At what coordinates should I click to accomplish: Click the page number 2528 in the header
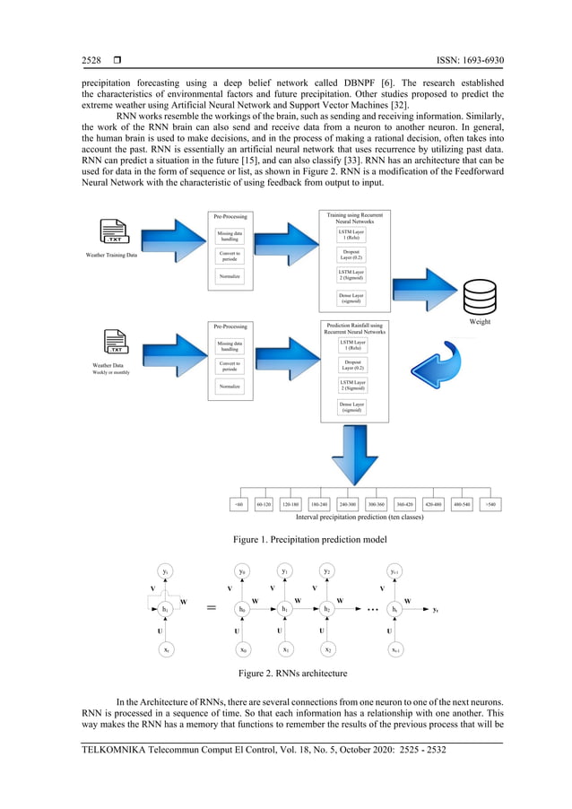click(x=91, y=61)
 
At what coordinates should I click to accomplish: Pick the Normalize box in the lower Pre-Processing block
click(x=230, y=387)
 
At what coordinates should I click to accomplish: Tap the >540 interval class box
click(x=491, y=504)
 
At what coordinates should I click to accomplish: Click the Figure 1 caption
click(x=310, y=538)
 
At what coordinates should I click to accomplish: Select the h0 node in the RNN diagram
click(x=241, y=609)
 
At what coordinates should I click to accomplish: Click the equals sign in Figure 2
click(x=212, y=608)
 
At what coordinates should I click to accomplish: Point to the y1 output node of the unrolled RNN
click(x=284, y=570)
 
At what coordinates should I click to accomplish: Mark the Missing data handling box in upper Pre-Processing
click(x=230, y=235)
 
